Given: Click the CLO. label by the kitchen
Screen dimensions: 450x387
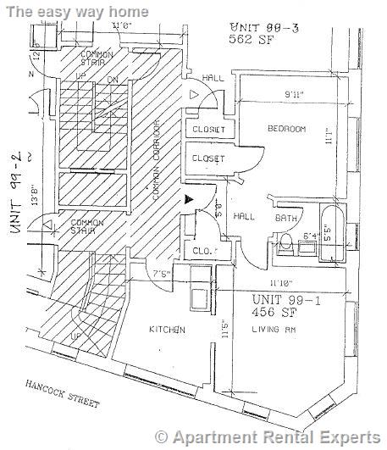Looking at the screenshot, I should pyautogui.click(x=201, y=252).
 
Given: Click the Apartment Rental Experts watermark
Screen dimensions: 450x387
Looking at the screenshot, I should pyautogui.click(x=269, y=437).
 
